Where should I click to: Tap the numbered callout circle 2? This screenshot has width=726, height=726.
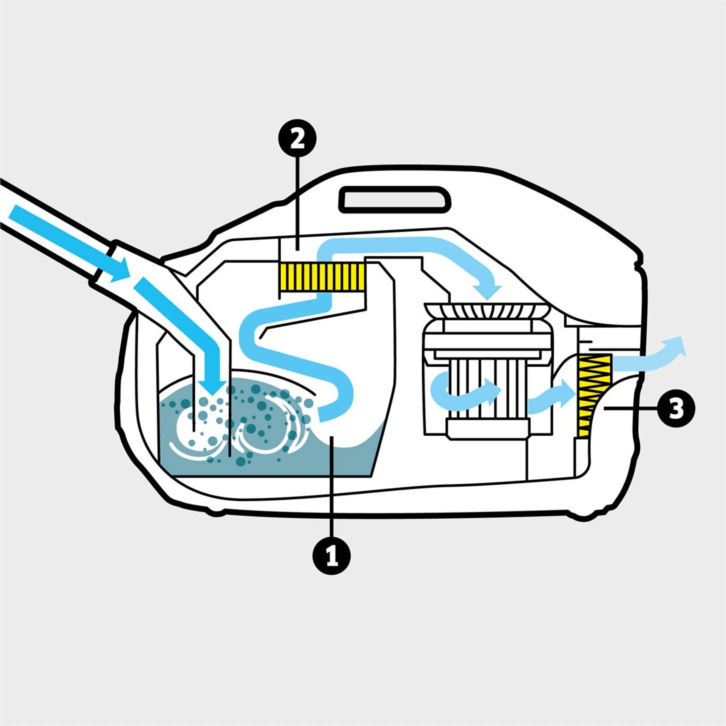297,139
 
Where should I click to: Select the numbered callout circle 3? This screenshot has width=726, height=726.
676,409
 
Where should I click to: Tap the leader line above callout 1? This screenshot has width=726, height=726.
331,496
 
